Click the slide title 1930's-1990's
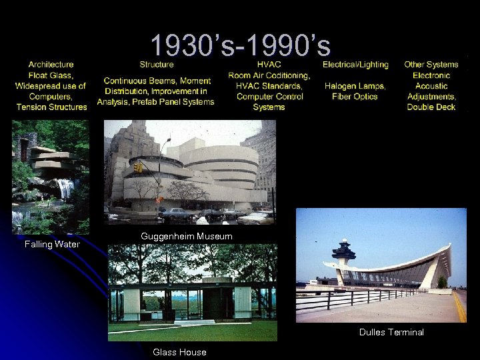pos(240,45)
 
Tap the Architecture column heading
pos(51,65)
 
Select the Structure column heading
pos(157,65)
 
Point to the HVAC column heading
pos(269,65)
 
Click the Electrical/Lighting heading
pos(355,65)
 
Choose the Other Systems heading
pos(431,65)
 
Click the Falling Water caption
pos(52,244)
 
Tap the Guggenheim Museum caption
pos(187,237)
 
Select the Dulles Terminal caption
pos(391,332)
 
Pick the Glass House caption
pos(179,352)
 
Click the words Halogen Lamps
pos(355,86)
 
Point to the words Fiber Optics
pos(355,97)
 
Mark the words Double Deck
pos(431,107)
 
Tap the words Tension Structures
pos(51,107)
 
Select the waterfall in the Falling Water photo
pos(65,188)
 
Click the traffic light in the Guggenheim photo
pos(139,168)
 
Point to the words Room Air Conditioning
pos(269,75)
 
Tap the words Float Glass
pos(51,75)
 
